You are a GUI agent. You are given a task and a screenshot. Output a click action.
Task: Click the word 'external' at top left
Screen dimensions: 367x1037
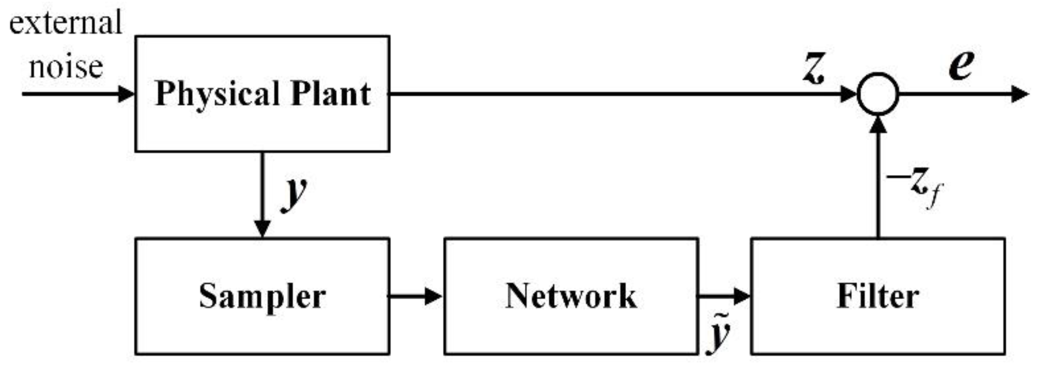point(65,23)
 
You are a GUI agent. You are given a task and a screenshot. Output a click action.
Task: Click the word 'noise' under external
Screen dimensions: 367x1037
point(66,66)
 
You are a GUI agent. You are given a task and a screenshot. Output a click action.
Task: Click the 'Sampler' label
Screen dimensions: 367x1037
point(262,296)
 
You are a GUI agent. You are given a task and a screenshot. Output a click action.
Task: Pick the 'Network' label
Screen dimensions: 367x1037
point(571,296)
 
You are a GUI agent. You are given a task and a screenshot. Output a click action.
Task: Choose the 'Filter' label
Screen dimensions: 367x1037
point(878,296)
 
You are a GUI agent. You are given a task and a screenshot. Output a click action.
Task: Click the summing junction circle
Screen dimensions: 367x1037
point(878,94)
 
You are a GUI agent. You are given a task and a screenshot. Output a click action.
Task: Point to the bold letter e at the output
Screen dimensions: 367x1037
point(960,65)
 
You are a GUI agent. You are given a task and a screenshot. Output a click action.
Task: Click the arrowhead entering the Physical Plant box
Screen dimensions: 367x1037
point(127,94)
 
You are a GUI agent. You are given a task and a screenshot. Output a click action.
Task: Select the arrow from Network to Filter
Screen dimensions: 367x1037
point(724,296)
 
